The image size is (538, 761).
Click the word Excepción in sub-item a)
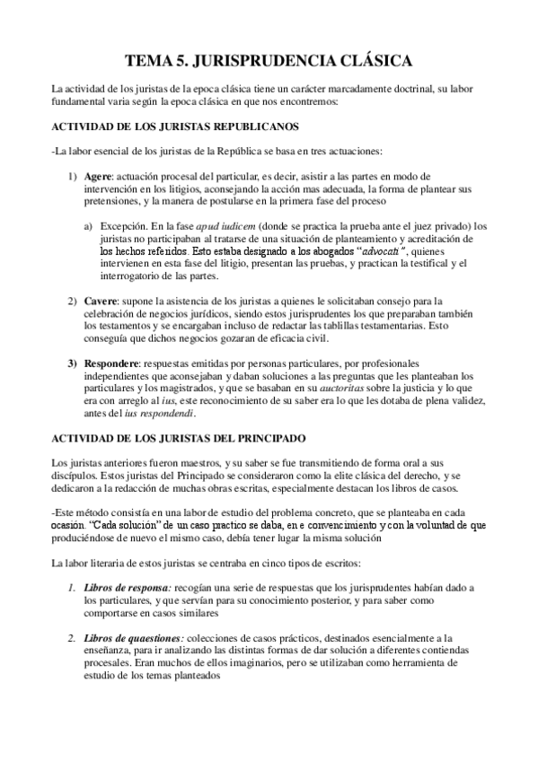pos(122,226)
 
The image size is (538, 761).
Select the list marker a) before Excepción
pos(87,226)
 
